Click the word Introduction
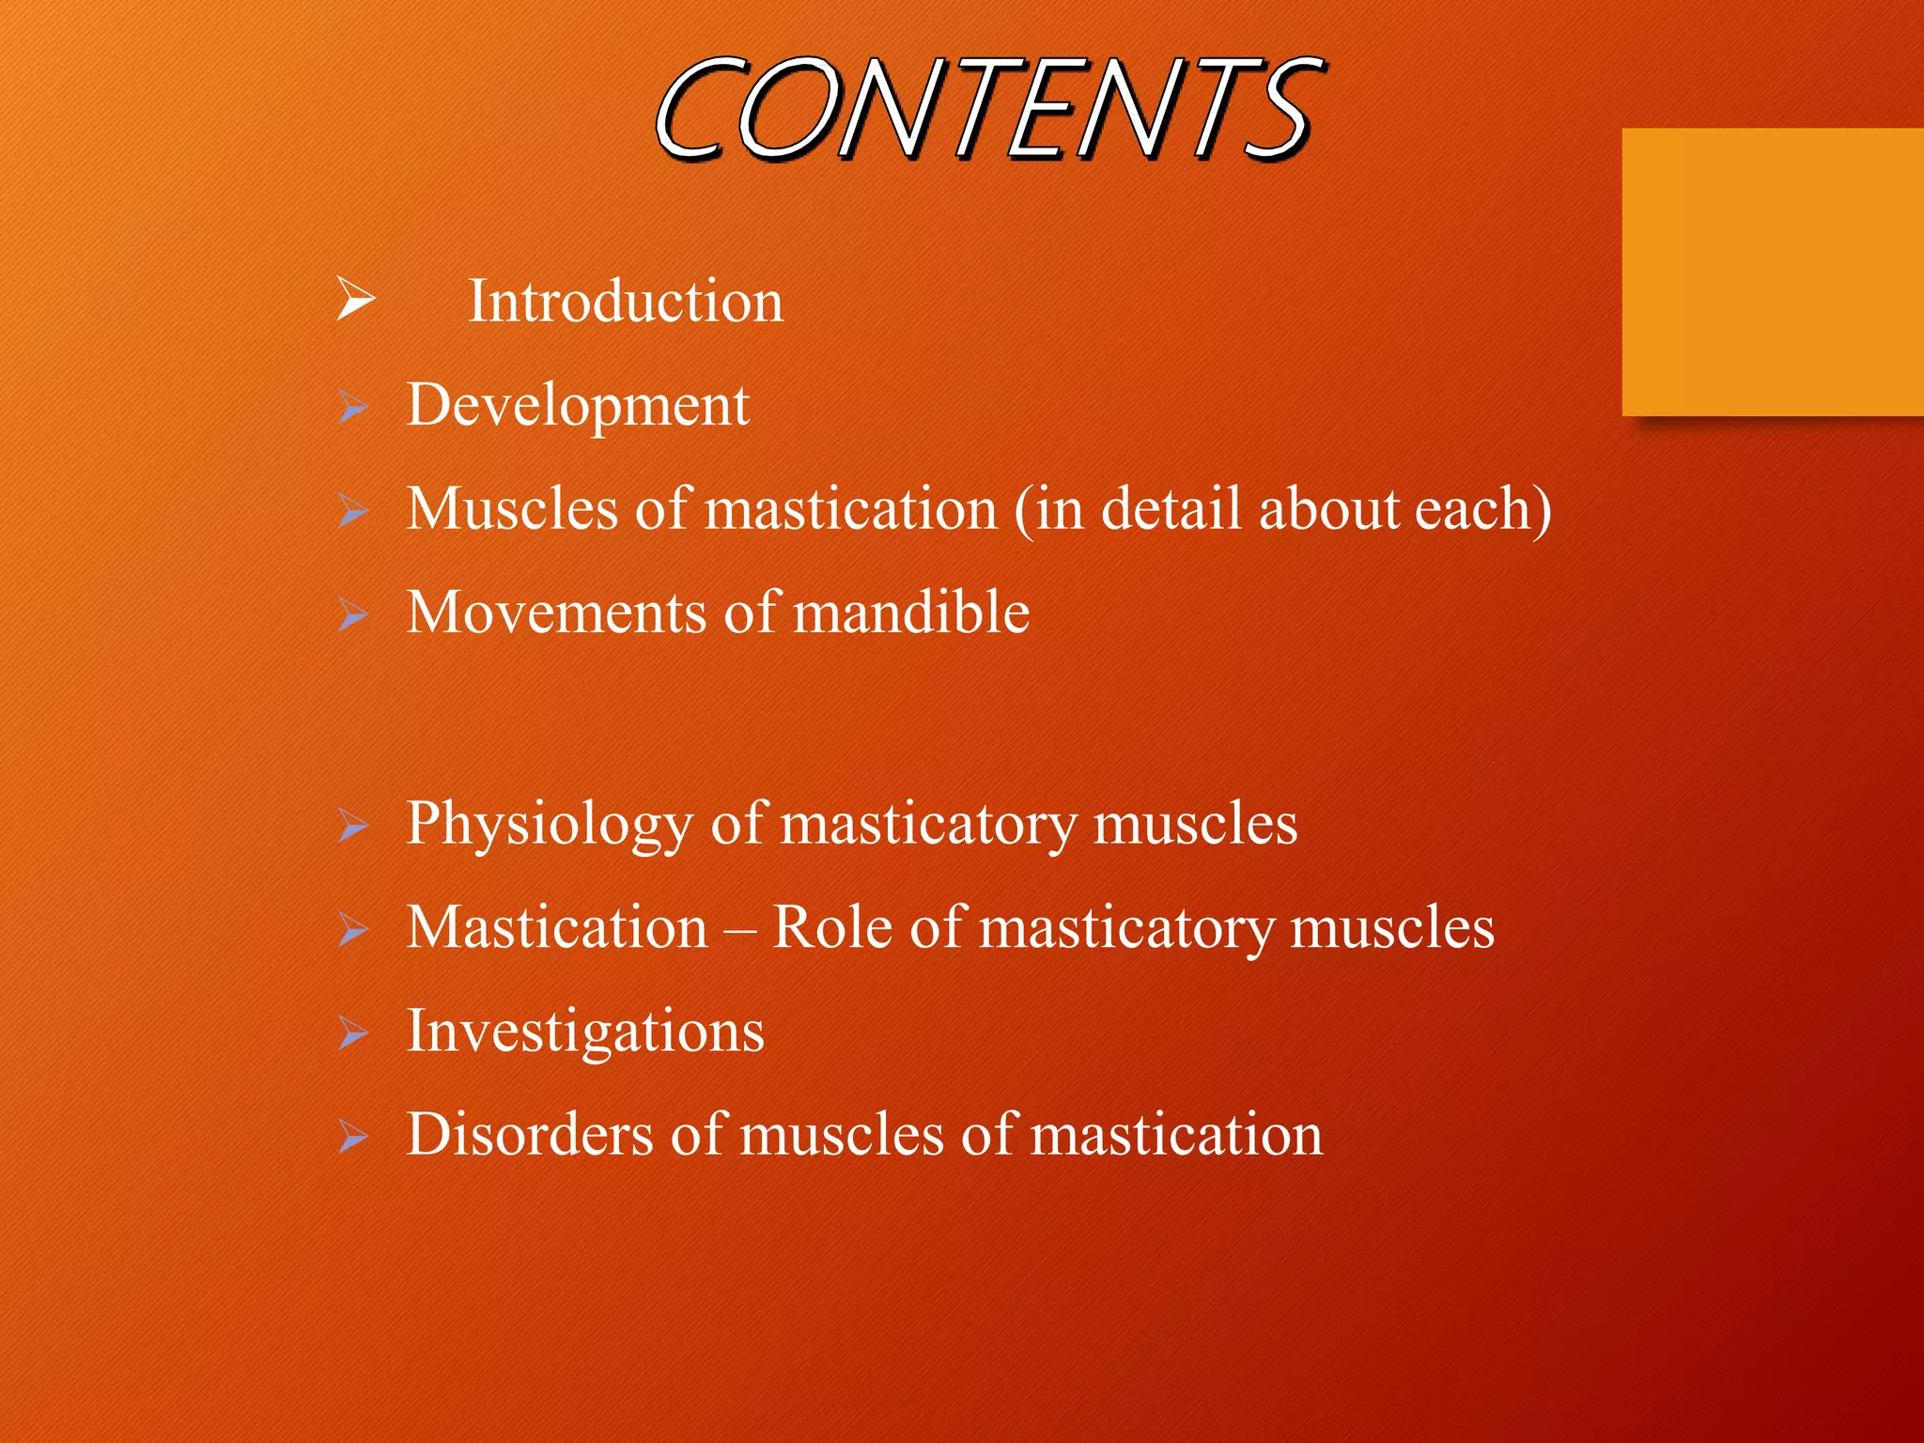click(x=626, y=302)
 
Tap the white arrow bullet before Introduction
click(x=356, y=300)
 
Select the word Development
click(x=578, y=406)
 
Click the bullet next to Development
click(x=353, y=407)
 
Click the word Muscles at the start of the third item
click(x=511, y=509)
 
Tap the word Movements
click(x=556, y=613)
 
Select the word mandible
click(x=911, y=613)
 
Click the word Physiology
click(x=549, y=824)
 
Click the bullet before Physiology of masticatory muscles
click(x=353, y=826)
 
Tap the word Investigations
click(x=585, y=1032)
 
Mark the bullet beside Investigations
click(x=353, y=1033)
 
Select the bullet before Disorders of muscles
click(x=353, y=1137)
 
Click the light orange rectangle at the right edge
click(x=1773, y=272)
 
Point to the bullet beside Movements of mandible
click(x=353, y=614)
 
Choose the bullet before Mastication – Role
click(x=353, y=929)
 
